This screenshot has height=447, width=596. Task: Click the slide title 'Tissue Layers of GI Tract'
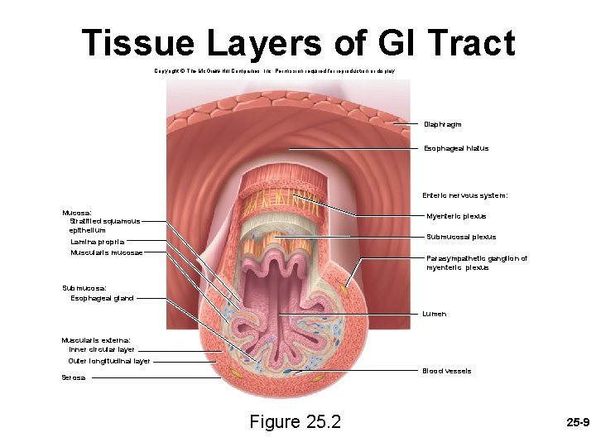click(x=298, y=43)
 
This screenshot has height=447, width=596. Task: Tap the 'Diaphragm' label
click(x=443, y=124)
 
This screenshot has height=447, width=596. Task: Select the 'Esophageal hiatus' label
click(x=456, y=148)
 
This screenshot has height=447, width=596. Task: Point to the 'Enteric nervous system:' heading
click(x=464, y=195)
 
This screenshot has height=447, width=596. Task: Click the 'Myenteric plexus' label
click(x=456, y=216)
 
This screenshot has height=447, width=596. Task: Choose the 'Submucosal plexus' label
click(x=461, y=237)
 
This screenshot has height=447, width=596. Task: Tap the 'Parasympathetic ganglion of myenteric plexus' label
click(x=476, y=263)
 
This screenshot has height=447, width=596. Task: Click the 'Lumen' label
click(x=434, y=315)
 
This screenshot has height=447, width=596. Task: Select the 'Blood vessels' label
click(x=446, y=371)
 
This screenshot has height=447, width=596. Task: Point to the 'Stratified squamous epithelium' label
click(x=104, y=226)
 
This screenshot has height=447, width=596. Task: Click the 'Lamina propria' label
click(x=98, y=242)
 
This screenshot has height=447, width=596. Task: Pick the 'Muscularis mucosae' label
click(x=107, y=252)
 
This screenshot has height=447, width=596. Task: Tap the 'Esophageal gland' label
click(x=102, y=298)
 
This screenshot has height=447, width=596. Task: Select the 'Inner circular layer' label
click(x=102, y=349)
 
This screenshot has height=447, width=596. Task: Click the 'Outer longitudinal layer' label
click(x=109, y=361)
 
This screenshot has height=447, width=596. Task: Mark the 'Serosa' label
click(x=73, y=377)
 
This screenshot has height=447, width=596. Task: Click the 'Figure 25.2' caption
click(x=295, y=422)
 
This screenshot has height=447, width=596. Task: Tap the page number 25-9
click(x=577, y=422)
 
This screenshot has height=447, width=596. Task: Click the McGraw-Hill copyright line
click(x=275, y=72)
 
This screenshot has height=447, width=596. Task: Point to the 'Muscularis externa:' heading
click(x=96, y=339)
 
